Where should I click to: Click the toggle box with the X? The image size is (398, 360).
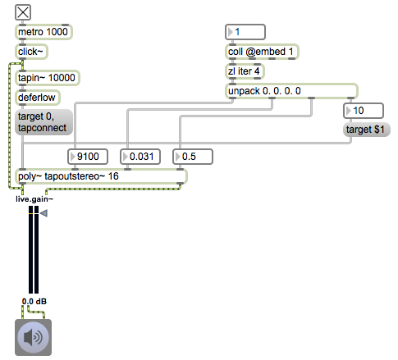click(x=23, y=12)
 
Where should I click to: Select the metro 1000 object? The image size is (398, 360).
click(x=43, y=32)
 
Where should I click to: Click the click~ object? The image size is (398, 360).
click(x=31, y=52)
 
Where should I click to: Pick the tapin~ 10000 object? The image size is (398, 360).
click(x=47, y=78)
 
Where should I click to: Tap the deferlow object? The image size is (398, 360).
click(x=38, y=98)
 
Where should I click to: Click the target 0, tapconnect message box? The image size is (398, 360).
click(x=43, y=122)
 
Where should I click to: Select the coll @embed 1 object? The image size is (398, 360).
click(x=262, y=52)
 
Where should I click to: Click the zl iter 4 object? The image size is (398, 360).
click(x=245, y=71)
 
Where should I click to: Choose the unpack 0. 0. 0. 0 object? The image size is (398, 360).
click(x=291, y=91)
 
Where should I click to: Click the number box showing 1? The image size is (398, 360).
click(x=245, y=32)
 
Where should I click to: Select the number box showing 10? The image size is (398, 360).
click(x=364, y=111)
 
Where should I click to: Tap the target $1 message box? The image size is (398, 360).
click(x=367, y=130)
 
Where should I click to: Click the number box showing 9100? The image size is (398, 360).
click(x=88, y=157)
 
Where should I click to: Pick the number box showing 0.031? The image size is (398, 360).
click(x=140, y=157)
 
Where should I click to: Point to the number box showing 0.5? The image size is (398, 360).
click(x=193, y=157)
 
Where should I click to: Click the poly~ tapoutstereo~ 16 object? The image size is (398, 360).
click(x=101, y=176)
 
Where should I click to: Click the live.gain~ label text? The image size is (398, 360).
click(x=34, y=199)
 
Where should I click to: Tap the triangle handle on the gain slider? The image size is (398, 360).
click(x=43, y=213)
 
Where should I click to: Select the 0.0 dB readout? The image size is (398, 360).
click(x=34, y=302)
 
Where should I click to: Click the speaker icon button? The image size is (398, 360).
click(x=33, y=337)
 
